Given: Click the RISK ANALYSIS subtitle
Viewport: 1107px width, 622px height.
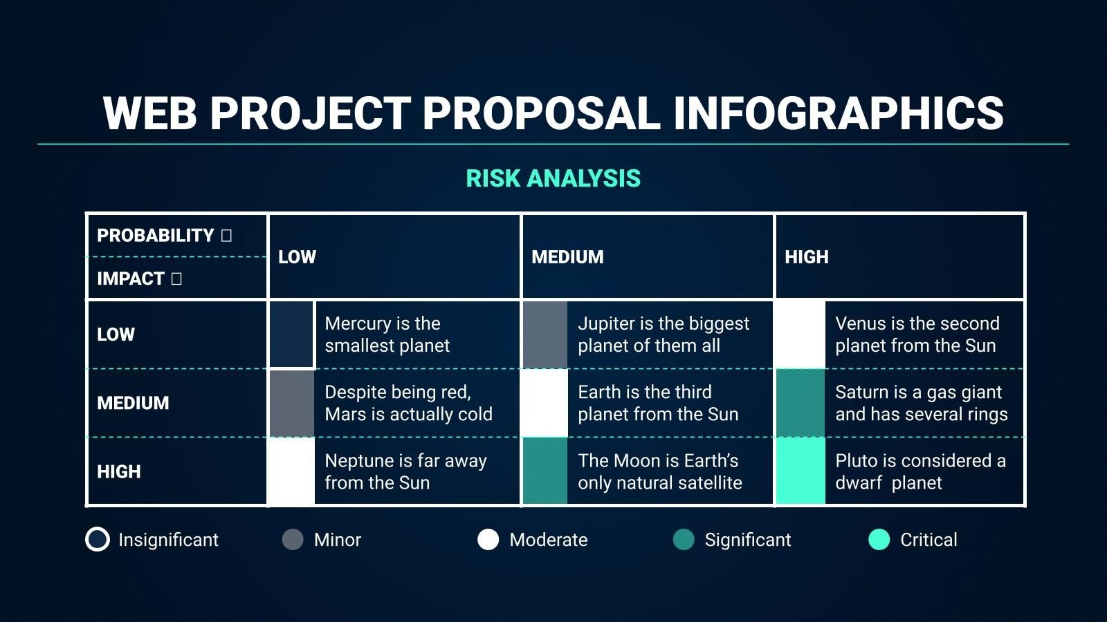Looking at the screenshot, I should (553, 178).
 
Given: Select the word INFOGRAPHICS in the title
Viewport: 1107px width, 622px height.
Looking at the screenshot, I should (838, 113).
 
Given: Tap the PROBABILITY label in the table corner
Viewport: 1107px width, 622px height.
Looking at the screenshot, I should (156, 236).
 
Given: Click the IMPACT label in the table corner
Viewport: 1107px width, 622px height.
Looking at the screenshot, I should (131, 279).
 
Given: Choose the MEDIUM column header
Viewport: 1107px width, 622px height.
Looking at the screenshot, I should (567, 257).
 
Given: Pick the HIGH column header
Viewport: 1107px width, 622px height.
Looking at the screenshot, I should (806, 257).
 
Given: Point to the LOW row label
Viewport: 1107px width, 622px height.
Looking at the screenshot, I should (116, 334).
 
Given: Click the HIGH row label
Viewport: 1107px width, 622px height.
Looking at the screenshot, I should (118, 472).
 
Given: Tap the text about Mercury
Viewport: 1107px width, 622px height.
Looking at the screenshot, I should (387, 334).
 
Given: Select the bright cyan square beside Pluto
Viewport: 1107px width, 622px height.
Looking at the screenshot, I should (800, 471).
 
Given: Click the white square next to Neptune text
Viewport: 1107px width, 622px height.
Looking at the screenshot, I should (291, 471).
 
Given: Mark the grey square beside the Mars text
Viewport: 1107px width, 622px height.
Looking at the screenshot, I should (291, 403).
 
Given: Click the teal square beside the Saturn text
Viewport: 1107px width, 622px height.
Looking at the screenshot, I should (800, 403).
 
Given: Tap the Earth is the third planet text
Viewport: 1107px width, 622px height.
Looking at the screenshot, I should (657, 403).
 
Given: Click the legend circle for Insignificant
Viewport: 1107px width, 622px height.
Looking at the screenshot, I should (98, 540).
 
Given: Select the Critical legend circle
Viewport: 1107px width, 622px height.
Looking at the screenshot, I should (879, 540).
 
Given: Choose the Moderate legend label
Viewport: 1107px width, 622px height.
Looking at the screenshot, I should (548, 540).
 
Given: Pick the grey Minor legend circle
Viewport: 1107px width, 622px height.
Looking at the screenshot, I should (293, 540).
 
